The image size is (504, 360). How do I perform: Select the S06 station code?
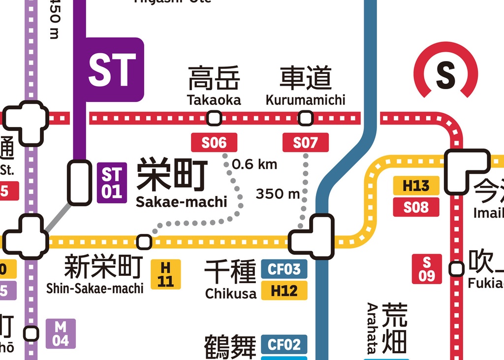tap(214, 143)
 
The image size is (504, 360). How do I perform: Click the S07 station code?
tap(305, 143)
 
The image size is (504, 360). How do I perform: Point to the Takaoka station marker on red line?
tap(214, 118)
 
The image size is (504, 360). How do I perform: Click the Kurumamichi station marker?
tap(306, 118)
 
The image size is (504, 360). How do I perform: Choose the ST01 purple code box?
tap(112, 183)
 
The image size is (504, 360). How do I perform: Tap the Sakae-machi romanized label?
tap(182, 202)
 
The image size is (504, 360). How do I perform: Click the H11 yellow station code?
tap(166, 274)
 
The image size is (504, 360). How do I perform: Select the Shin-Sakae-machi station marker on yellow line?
tap(144, 242)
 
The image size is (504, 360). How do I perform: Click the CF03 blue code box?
tap(284, 269)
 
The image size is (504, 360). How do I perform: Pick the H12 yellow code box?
tap(284, 291)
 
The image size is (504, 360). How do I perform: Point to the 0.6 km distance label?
tap(254, 164)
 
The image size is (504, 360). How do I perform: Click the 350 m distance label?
tap(278, 194)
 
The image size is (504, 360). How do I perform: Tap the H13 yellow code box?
tap(416, 186)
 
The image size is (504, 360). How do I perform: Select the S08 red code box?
tap(416, 207)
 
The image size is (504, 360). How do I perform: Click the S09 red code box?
tap(427, 269)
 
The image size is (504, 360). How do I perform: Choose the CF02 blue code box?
tap(284, 344)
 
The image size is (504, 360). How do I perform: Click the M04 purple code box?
tap(61, 333)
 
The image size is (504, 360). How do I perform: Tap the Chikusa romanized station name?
tap(231, 294)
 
